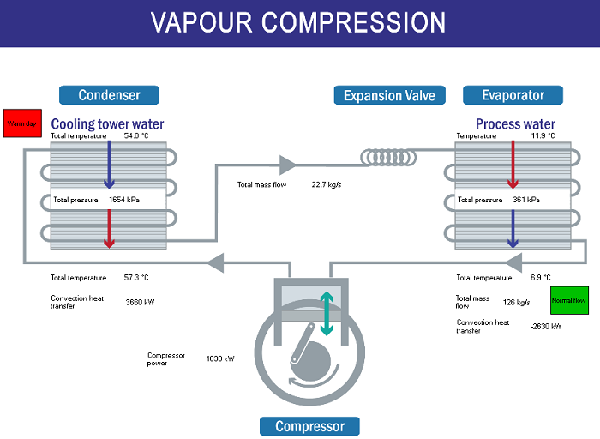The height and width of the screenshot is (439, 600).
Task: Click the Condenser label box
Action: coord(109,95)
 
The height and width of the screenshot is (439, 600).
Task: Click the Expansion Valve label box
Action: coord(389,95)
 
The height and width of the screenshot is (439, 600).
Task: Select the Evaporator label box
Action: coord(513,95)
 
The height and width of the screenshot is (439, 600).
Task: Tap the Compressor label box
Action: coord(309,426)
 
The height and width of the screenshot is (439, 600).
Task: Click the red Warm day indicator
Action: coord(20,123)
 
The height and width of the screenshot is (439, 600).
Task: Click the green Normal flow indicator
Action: coord(568,301)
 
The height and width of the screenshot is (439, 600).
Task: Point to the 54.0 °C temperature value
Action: coord(136,136)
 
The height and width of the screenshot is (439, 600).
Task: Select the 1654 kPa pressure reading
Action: coord(123,200)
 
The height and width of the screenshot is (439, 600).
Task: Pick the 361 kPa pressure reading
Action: coord(526,200)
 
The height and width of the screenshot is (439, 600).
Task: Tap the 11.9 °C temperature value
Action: coord(543,136)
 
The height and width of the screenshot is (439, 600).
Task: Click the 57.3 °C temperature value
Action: coord(136,278)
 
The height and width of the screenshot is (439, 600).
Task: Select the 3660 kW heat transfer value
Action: coord(139,302)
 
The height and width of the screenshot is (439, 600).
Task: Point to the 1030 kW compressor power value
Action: coord(220,358)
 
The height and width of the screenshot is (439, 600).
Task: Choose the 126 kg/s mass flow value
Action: coord(517,302)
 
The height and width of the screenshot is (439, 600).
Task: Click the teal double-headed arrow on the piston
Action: coord(327,314)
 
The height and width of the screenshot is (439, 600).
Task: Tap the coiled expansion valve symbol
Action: coord(390,157)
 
